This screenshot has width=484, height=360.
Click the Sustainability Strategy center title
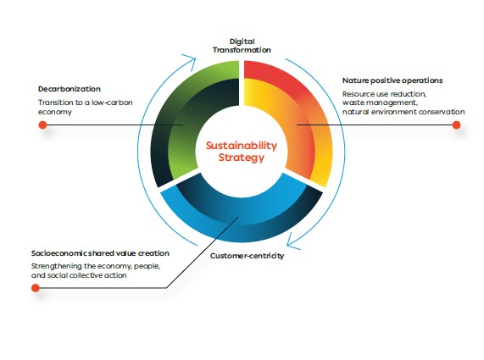tap(242, 151)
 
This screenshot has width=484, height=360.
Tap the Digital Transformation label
tap(242, 46)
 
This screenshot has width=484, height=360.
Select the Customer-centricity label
tap(247, 256)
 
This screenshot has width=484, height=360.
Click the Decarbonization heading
tap(70, 89)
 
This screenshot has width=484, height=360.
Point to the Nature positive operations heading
tap(392, 80)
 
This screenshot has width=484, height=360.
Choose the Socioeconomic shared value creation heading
tap(100, 253)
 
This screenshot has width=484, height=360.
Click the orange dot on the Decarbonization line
tap(42, 125)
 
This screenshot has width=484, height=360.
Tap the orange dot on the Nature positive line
tap(456, 125)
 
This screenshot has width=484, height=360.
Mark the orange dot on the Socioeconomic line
tap(36, 288)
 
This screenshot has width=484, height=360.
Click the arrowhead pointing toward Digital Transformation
tap(191, 60)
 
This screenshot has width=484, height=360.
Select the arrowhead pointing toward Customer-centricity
tap(292, 242)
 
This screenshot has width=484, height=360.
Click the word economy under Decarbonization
tap(55, 112)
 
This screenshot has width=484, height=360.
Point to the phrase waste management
tap(380, 102)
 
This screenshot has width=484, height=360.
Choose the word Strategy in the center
tap(242, 158)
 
